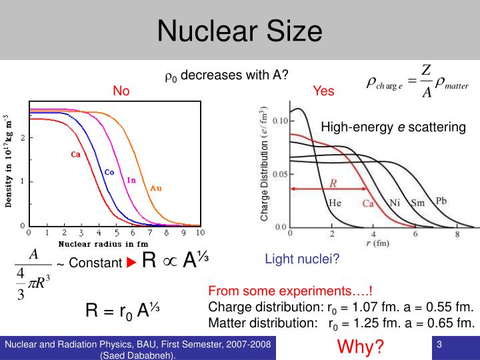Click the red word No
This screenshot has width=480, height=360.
click(x=121, y=91)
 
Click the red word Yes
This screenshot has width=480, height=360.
click(x=323, y=91)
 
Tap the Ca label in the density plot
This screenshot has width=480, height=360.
click(x=76, y=154)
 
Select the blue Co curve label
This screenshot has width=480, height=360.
click(x=109, y=172)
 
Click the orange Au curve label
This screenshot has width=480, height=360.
click(x=155, y=188)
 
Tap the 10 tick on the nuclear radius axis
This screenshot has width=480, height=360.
click(x=200, y=233)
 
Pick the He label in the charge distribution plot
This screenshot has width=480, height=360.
click(x=335, y=203)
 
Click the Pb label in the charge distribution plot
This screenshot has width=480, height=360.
click(x=441, y=201)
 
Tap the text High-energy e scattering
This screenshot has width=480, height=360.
click(x=393, y=127)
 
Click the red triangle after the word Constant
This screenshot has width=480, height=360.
click(x=131, y=263)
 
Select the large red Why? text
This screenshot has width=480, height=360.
click(x=361, y=347)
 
